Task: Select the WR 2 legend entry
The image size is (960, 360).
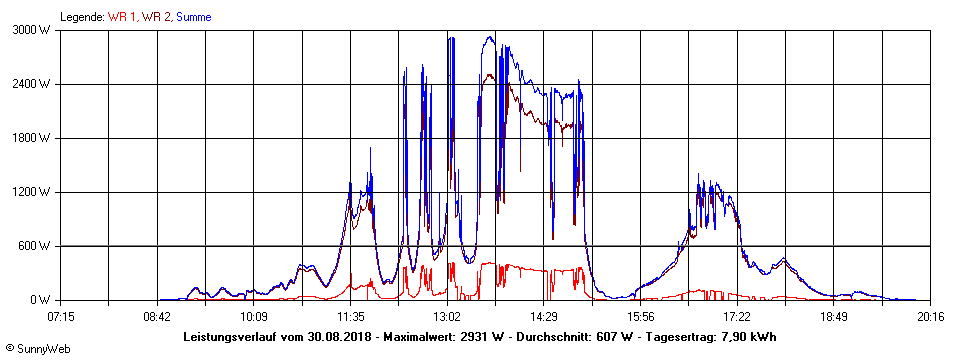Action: click(157, 17)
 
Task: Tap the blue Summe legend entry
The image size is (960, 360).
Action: click(193, 17)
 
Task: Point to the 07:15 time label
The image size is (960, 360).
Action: click(60, 317)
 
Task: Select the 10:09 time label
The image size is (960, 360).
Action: click(253, 317)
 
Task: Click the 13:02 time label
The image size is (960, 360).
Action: click(447, 317)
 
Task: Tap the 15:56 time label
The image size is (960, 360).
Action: click(640, 317)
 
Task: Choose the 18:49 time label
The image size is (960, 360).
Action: click(834, 317)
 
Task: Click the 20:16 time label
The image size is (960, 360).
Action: click(930, 317)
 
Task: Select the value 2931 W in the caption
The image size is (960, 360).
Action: click(477, 336)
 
